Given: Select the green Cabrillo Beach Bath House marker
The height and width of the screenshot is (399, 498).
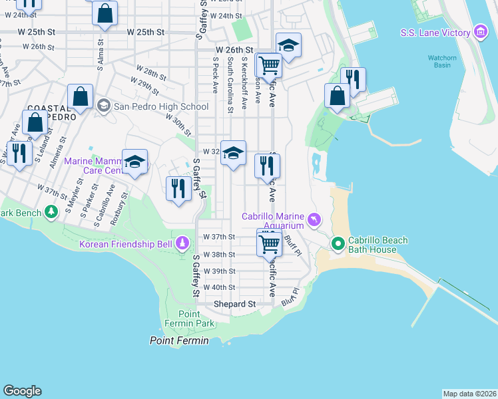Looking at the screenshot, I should (338, 244).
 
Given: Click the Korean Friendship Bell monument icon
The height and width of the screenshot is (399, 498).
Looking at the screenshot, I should (182, 244).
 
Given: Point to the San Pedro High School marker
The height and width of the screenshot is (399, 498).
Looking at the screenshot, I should (103, 106).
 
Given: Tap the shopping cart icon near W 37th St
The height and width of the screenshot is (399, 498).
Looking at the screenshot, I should (269, 243).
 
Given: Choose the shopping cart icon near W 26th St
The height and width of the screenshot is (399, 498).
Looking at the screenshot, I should (269, 65).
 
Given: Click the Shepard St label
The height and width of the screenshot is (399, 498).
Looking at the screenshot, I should (234, 304).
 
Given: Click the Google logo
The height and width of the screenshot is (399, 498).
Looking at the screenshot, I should (22, 391).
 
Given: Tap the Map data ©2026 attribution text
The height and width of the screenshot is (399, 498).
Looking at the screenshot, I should (469, 394).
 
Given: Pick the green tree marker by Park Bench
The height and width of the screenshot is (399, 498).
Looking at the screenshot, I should (51, 212).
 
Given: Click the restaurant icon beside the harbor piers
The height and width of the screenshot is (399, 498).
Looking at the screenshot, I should (354, 80).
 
